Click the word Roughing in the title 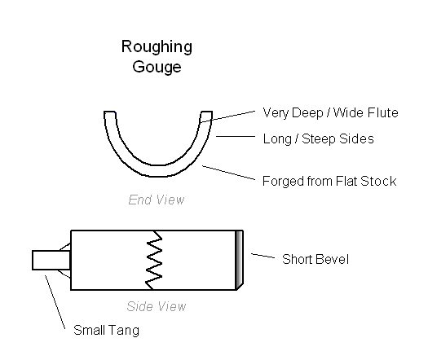(157, 47)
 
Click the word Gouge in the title (157, 67)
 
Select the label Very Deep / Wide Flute (330, 113)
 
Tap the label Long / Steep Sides (318, 138)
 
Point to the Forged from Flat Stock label (329, 181)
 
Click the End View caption (157, 200)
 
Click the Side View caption (157, 306)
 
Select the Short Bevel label (315, 259)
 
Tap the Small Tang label (107, 331)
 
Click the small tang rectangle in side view (51, 260)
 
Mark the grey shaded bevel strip (239, 260)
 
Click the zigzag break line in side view (154, 260)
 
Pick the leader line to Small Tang (55, 302)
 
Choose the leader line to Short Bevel (263, 256)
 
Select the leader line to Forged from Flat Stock (228, 173)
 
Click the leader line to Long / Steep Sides (236, 136)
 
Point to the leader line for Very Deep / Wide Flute (227, 116)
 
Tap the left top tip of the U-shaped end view (110, 112)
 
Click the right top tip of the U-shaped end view (206, 112)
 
